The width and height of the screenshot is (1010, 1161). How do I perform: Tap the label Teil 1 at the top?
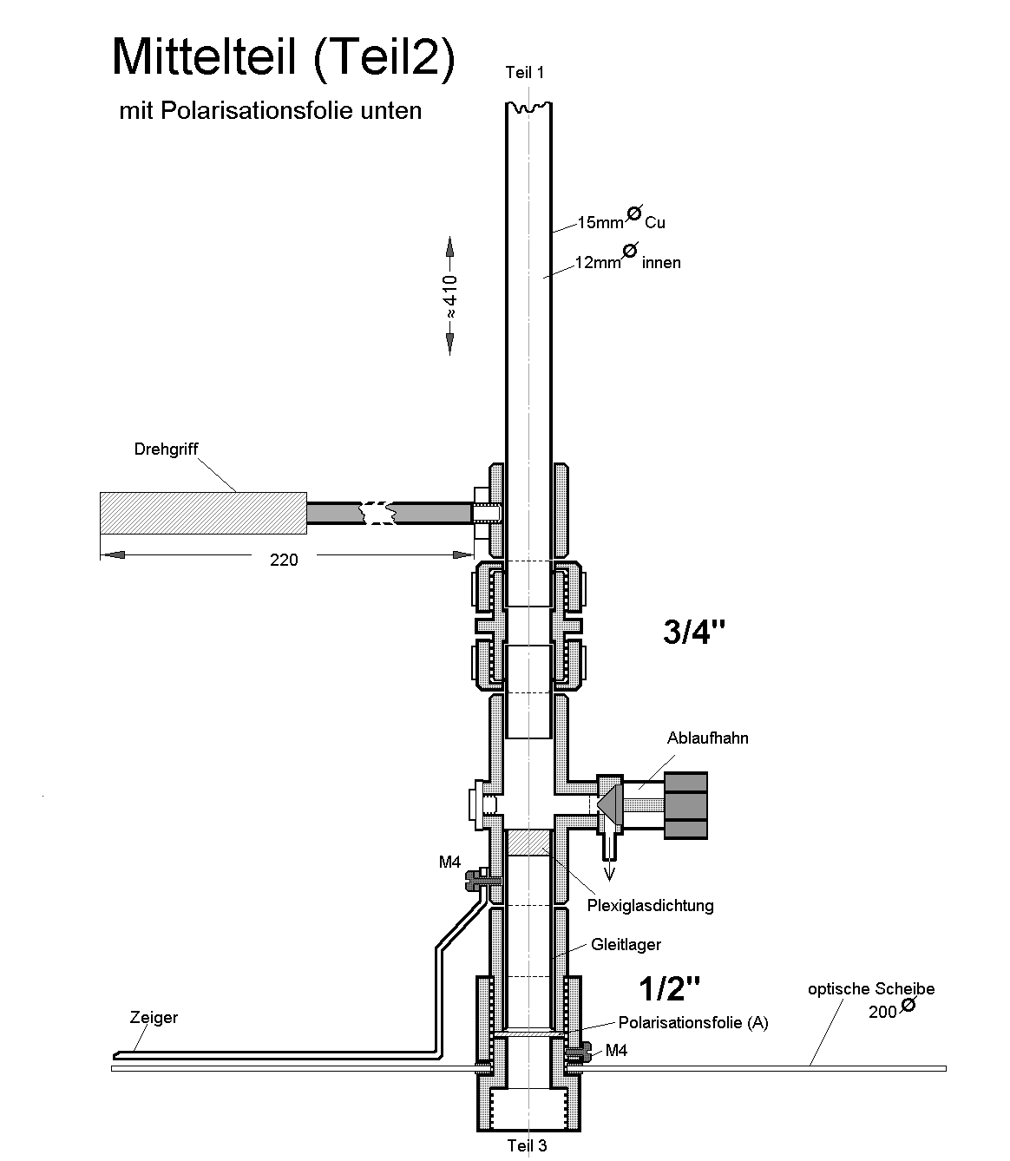point(525,73)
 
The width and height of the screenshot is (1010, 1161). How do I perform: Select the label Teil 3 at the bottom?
point(527,1145)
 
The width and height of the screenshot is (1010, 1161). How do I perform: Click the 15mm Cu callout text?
point(621,221)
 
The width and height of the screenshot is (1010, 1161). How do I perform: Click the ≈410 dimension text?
point(451,296)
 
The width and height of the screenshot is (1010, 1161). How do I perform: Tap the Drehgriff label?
point(167,449)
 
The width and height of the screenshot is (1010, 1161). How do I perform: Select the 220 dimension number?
point(284,561)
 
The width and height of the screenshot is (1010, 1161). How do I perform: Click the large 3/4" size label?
point(693,633)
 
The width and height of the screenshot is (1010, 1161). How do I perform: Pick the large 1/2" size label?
point(669,987)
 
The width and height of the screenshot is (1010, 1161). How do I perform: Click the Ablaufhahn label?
point(707,738)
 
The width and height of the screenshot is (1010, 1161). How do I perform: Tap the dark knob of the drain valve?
point(685,804)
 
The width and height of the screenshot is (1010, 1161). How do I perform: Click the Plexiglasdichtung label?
point(650,906)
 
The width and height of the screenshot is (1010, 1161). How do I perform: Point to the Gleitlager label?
point(626,944)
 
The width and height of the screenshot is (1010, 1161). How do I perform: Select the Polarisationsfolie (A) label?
point(693,1022)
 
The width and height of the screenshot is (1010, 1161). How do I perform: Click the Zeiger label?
point(154,1017)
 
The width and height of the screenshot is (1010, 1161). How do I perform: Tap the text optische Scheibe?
point(870,989)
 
